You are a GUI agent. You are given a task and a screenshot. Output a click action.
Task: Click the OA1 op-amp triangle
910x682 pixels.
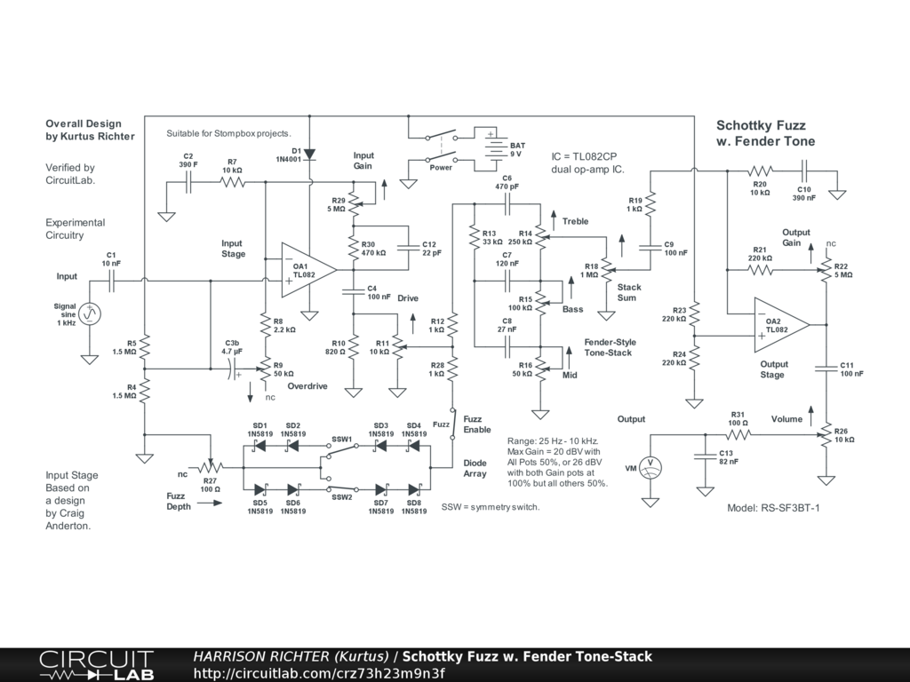click(x=308, y=270)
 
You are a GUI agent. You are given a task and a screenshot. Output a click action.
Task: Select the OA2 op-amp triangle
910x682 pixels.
click(x=781, y=325)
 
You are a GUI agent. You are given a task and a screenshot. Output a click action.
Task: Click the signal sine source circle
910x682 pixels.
click(x=90, y=313)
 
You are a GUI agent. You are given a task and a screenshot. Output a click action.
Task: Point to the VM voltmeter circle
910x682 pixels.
click(x=650, y=467)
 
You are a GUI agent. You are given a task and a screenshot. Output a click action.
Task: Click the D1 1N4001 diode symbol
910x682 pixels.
click(x=309, y=155)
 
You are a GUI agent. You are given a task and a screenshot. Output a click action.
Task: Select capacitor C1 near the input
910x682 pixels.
click(x=111, y=282)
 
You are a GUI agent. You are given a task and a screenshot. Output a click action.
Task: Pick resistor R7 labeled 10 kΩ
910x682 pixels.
click(x=232, y=182)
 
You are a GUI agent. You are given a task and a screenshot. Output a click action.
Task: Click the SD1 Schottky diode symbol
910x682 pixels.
click(x=259, y=446)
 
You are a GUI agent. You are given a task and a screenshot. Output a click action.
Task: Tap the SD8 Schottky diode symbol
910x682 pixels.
click(x=414, y=489)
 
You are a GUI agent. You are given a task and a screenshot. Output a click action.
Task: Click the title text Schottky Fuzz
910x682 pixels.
click(x=761, y=125)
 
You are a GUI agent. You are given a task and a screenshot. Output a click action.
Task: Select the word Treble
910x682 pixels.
click(x=575, y=221)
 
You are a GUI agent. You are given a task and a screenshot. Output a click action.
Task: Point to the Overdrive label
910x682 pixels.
click(x=307, y=386)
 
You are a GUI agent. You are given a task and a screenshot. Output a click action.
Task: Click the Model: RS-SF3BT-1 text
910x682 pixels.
click(x=774, y=508)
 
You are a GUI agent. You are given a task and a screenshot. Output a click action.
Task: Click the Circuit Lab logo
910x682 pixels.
click(x=96, y=664)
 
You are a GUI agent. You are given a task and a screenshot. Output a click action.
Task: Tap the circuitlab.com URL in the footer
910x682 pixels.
click(x=319, y=673)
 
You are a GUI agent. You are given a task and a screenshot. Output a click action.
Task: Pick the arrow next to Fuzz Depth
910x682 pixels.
click(x=210, y=503)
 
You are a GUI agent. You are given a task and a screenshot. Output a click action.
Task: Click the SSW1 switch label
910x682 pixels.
click(x=342, y=439)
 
